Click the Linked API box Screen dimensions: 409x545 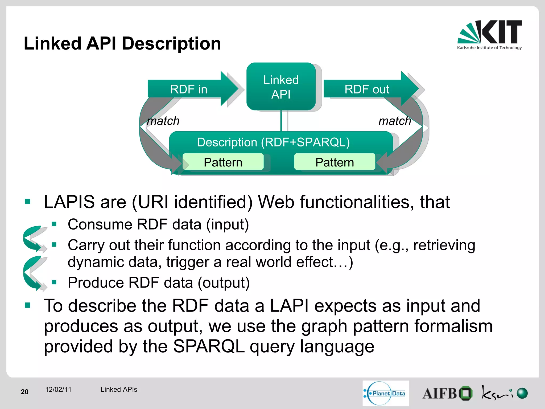coord(281,87)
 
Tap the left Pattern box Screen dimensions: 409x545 coord(223,162)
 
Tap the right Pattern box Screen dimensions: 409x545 coord(335,162)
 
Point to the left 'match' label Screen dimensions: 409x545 coord(163,121)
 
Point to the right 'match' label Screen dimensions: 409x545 coord(395,121)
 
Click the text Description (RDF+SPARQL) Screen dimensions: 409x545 coord(273,142)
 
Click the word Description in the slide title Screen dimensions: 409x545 coord(171,43)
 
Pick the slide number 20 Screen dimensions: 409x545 coord(24,392)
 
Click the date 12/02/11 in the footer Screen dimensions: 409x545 coord(58,390)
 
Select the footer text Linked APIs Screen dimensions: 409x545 coord(119,390)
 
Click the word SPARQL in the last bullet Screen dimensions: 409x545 coord(209,346)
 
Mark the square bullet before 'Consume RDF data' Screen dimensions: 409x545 coord(54,224)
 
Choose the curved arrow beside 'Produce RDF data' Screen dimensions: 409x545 coord(33,273)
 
